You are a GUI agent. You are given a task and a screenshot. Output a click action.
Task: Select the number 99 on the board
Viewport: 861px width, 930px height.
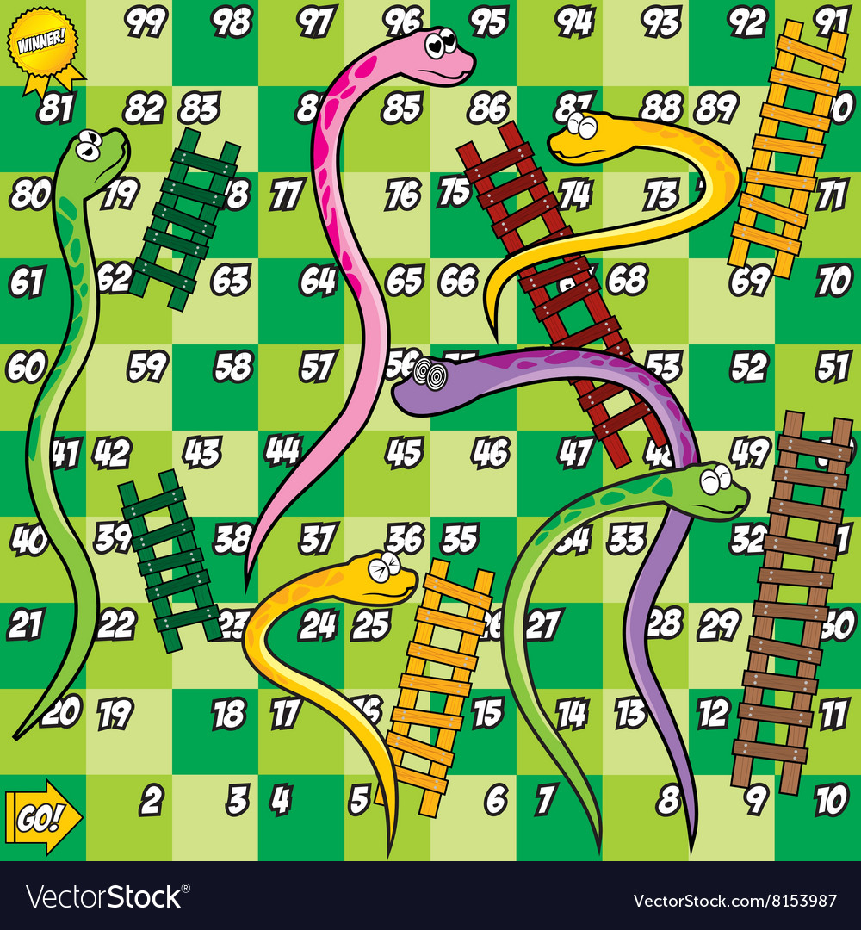[146, 23]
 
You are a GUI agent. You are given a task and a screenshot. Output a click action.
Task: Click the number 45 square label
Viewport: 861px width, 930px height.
[404, 453]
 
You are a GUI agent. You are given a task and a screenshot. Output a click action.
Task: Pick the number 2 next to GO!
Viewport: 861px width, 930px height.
[151, 801]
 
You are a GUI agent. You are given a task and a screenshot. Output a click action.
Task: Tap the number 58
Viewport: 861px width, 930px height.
[232, 368]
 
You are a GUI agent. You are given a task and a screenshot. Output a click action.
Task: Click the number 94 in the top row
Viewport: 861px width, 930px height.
[574, 23]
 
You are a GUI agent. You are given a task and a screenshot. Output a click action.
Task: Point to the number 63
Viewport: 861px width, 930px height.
[231, 281]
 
